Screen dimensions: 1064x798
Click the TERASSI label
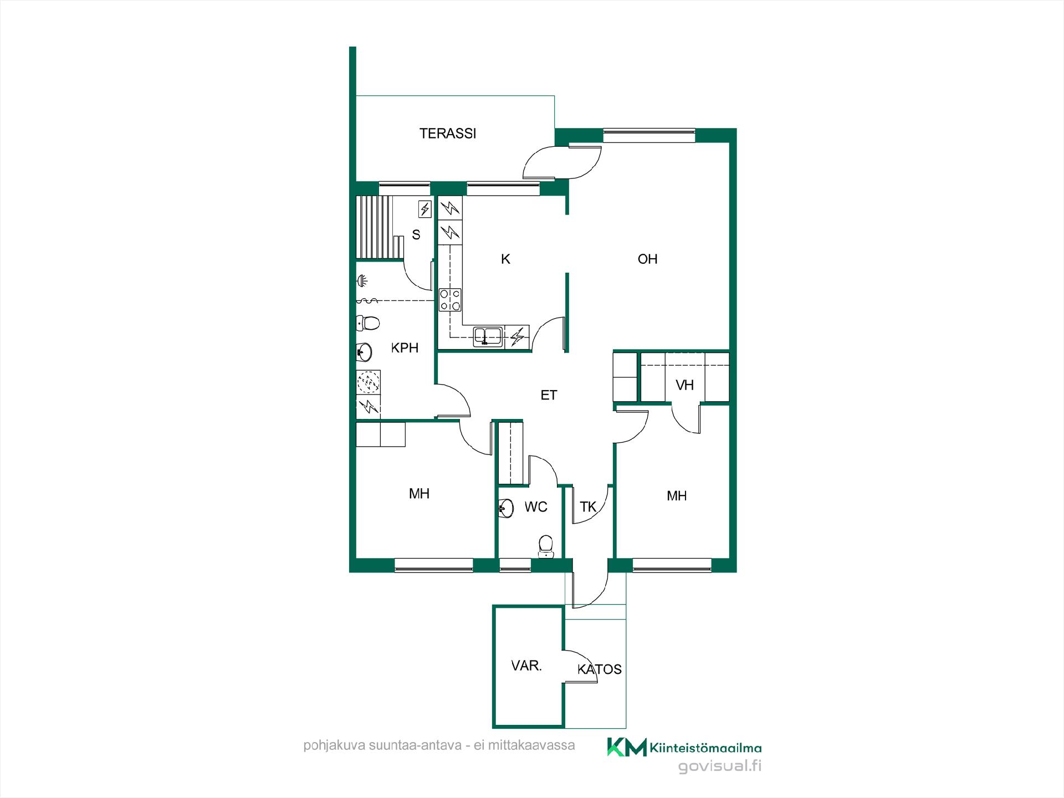[448, 134]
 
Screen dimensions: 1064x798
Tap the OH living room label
[647, 259]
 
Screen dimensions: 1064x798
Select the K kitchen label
[505, 259]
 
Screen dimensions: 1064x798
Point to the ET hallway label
[549, 395]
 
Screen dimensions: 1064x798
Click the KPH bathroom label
[405, 348]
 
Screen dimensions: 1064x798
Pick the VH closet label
[684, 385]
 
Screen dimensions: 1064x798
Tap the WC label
[536, 507]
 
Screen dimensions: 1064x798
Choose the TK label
[588, 507]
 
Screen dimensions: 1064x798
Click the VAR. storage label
[526, 666]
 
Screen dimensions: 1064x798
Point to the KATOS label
[599, 669]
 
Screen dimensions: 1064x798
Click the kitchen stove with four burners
[450, 300]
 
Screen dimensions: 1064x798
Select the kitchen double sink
[488, 336]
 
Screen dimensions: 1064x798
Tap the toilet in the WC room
[546, 545]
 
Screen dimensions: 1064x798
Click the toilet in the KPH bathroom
[367, 322]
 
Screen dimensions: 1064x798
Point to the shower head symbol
[361, 281]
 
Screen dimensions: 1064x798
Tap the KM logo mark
[627, 747]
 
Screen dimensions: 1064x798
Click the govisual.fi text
[720, 766]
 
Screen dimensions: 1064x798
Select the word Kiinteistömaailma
[705, 749]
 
